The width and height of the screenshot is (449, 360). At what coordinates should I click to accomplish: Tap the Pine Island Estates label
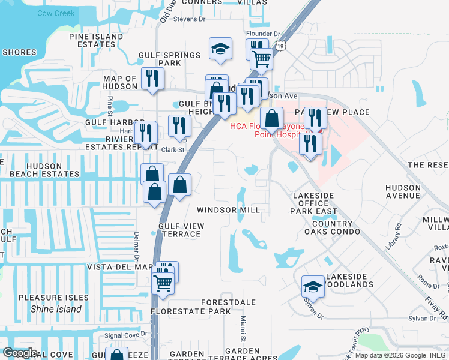coord(96,41)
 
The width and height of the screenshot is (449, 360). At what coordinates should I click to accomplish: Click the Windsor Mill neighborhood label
coord(229,210)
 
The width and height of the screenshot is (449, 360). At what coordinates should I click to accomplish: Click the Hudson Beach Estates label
coord(40,170)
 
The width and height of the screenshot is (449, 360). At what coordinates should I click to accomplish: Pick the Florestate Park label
coord(190,311)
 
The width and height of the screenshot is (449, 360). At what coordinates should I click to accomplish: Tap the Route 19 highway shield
coord(281,45)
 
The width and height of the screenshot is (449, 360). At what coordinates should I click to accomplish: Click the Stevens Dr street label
coord(189,19)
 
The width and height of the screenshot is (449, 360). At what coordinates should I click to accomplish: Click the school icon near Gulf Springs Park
coord(221,47)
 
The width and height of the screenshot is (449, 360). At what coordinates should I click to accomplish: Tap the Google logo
coord(19,353)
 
